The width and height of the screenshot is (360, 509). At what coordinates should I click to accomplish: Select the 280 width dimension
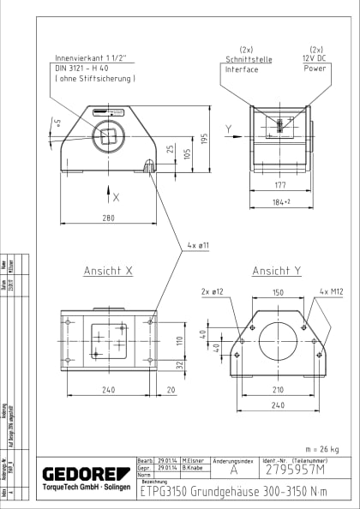[108, 218]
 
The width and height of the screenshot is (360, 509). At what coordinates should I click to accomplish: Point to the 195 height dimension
[205, 139]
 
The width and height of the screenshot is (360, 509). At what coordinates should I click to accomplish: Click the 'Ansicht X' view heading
[107, 271]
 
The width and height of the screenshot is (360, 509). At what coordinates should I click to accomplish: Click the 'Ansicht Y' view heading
[277, 271]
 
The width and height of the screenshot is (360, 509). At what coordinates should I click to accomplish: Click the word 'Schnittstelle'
[247, 59]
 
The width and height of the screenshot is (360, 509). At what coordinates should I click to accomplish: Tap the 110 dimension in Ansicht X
[181, 339]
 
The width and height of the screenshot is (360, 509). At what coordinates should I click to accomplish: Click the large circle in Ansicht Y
[278, 341]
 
